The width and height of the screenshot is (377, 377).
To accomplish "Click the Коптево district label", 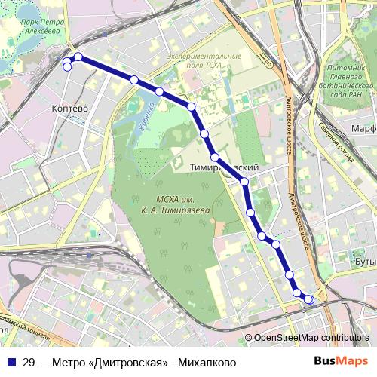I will pos(70,109).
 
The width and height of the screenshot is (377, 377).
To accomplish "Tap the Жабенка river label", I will pos(144,120).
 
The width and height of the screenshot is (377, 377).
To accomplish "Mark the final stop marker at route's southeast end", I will pos(308,300).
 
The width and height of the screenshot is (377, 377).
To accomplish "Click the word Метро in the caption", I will pos(67,362).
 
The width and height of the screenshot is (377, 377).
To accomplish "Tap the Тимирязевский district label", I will pos(226,167).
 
